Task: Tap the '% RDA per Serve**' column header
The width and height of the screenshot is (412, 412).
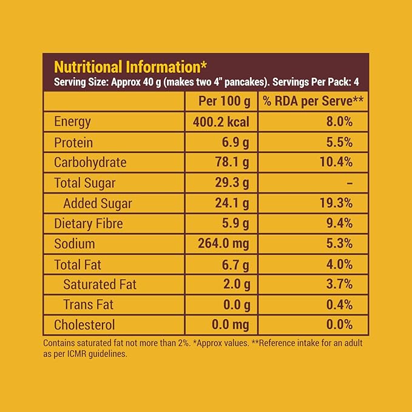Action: [x=313, y=101]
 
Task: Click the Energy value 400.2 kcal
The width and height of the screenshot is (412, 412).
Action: [x=221, y=121]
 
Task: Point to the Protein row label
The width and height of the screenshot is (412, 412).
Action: [x=73, y=142]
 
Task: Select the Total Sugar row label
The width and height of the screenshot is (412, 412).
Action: [x=84, y=183]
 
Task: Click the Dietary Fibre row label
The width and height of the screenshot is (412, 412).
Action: [x=89, y=223]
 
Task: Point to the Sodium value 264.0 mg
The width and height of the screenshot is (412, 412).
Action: [x=223, y=244]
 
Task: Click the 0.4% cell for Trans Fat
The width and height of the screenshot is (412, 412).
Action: [x=339, y=305]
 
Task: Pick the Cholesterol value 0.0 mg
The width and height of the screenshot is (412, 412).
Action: [x=227, y=325]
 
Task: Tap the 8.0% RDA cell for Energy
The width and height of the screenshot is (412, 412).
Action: [x=339, y=121]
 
